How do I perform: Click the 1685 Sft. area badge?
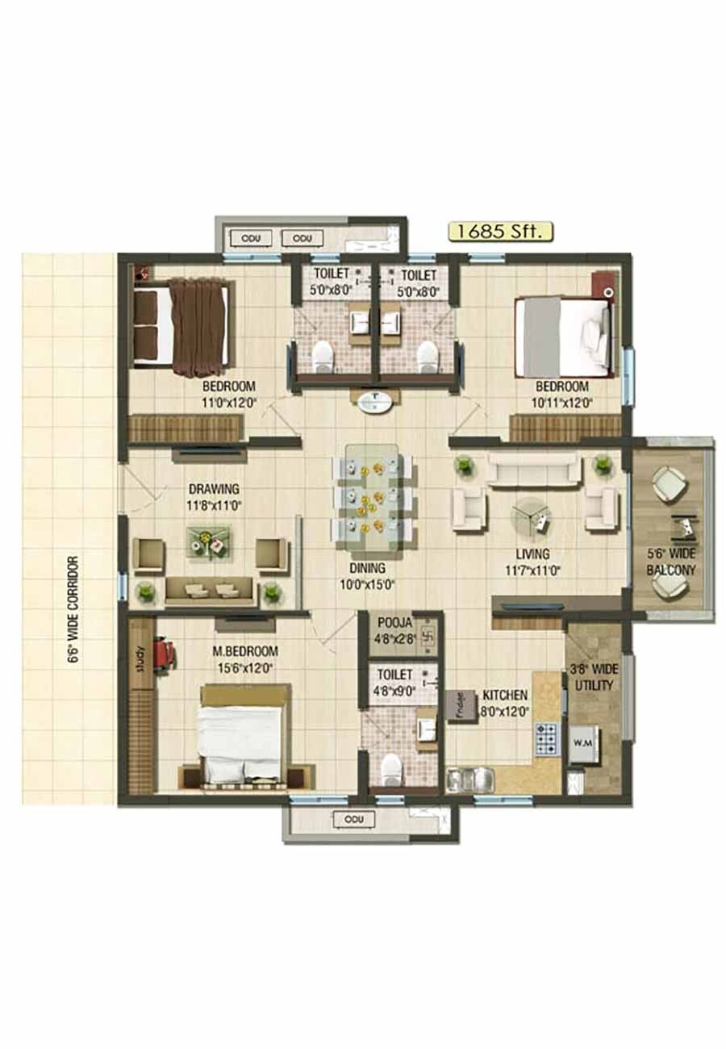tap(501, 232)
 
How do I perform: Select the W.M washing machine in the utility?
tap(582, 742)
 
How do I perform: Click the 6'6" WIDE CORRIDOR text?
tap(73, 609)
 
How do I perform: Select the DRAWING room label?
tap(214, 489)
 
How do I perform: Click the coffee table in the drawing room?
tap(209, 541)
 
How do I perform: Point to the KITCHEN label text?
tap(506, 695)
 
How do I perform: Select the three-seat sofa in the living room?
tap(533, 469)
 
